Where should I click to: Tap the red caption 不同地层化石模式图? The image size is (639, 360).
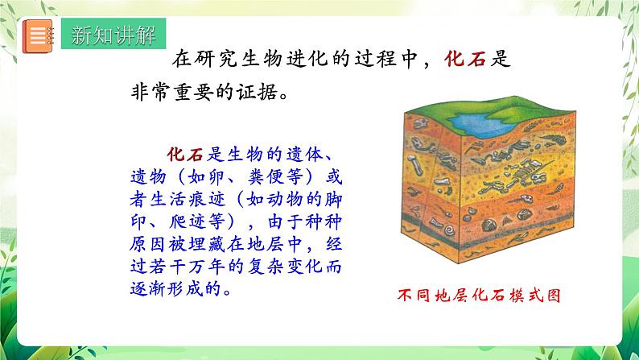(478, 295)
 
